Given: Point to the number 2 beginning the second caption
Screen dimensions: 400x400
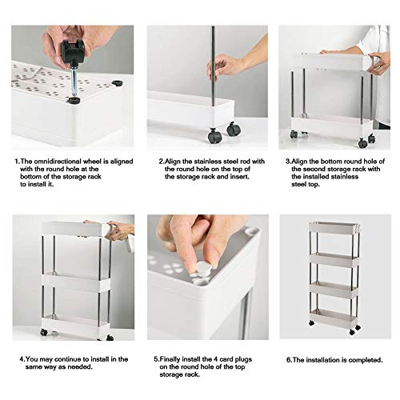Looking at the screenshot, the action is point(161,162).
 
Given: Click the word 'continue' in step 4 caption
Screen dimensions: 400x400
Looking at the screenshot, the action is point(69,359).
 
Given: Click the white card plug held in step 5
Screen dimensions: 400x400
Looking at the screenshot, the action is point(203,270).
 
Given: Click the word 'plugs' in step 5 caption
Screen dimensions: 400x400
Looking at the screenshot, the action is point(243,360).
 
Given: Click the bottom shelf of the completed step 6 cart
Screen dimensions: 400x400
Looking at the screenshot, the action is point(334,318).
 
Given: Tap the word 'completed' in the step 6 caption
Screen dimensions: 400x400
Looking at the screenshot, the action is point(366,360).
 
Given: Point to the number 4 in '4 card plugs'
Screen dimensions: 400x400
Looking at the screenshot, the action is point(214,359).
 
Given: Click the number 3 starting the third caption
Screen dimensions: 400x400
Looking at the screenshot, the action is point(288,162).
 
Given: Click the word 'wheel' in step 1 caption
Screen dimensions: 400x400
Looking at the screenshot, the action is point(92,162).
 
